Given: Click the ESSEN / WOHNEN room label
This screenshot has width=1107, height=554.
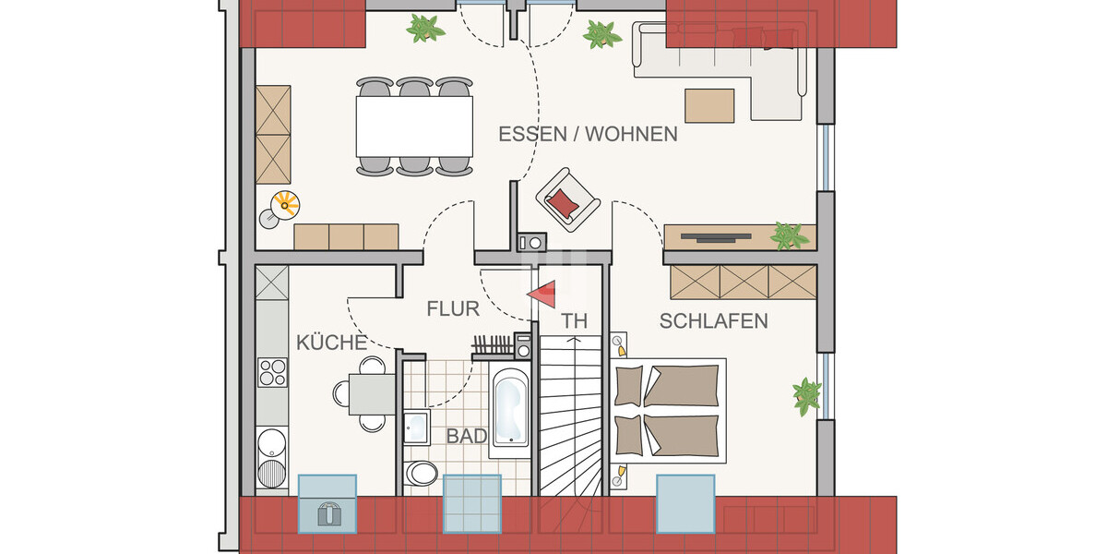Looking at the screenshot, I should [588, 134].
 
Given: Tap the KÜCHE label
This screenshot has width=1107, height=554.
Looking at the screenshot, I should [331, 343].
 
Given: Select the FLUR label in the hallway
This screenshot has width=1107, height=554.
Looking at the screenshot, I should [453, 309].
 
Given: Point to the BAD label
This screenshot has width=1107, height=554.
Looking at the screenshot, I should [466, 436].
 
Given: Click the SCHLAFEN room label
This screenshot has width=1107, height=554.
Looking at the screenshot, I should [713, 321].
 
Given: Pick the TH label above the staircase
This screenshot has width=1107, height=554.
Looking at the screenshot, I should [574, 321].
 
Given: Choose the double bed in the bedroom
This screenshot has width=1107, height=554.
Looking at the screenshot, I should [668, 410].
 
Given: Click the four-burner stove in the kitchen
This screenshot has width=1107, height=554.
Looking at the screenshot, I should [272, 371].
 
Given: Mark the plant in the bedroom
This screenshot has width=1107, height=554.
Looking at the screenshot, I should [807, 394].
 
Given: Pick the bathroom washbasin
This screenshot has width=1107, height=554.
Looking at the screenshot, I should [415, 427].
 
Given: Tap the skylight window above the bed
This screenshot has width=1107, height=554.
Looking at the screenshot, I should [685, 503].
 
